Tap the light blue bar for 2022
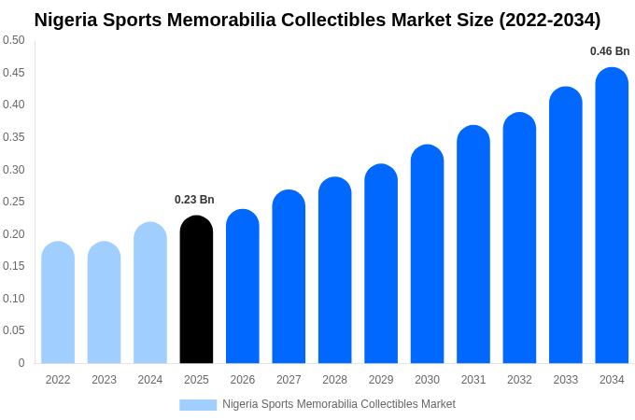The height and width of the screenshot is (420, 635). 58,302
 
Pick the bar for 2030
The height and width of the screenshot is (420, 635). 427,254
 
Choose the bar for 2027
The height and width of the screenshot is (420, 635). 289,276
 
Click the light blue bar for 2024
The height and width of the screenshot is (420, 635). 150,293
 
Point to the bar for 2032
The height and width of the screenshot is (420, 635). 519,238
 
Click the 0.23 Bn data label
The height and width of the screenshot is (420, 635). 194,200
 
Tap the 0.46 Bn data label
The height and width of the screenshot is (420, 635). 610,51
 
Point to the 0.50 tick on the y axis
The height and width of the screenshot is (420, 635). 14,40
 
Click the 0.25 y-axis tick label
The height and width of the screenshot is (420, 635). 14,202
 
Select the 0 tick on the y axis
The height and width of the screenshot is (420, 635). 21,363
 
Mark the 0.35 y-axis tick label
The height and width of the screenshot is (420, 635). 14,137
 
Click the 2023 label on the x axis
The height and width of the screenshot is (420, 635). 104,380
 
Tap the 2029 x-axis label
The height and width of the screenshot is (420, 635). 381,380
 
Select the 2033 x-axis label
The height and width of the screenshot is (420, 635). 565,380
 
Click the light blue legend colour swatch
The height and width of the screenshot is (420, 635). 198,405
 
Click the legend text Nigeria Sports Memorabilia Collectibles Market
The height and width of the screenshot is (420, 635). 339,404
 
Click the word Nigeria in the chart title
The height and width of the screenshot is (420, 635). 68,20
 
